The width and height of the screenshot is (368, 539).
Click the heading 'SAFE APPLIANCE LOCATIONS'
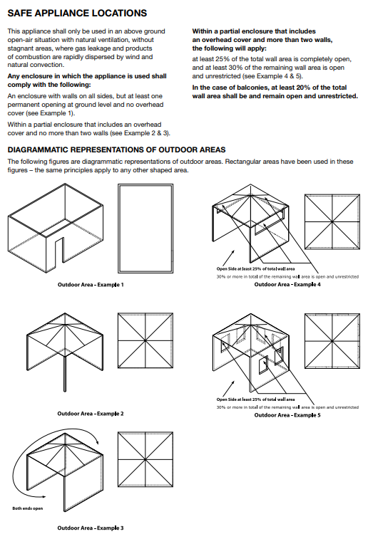pyautogui.click(x=77, y=13)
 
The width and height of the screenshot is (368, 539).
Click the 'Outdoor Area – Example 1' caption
pyautogui.click(x=91, y=285)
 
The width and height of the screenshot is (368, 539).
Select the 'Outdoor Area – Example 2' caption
pyautogui.click(x=91, y=414)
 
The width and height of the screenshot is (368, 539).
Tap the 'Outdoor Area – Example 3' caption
pyautogui.click(x=91, y=528)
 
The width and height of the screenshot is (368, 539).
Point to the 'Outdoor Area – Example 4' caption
pyautogui.click(x=287, y=284)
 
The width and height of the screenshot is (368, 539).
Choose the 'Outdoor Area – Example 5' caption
pyautogui.click(x=287, y=415)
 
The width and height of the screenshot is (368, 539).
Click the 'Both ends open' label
pyautogui.click(x=28, y=508)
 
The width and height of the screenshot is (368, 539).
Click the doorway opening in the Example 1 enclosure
pyautogui.click(x=59, y=250)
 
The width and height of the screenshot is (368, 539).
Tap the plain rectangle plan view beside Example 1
pyautogui.click(x=145, y=229)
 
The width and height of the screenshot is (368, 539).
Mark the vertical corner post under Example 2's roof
pyautogui.click(x=65, y=374)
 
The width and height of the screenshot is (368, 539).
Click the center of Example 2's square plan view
pyautogui.click(x=145, y=340)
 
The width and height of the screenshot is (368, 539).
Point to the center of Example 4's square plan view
pyautogui.click(x=332, y=221)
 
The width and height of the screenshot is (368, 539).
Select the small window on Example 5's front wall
pyautogui.click(x=264, y=366)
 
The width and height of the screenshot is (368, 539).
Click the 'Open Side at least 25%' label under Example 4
pyautogui.click(x=255, y=269)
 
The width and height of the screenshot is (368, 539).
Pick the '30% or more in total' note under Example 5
pyautogui.click(x=287, y=407)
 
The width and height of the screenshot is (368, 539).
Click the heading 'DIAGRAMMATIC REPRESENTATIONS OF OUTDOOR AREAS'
pyautogui.click(x=117, y=150)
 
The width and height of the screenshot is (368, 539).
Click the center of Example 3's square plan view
pyautogui.click(x=145, y=459)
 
